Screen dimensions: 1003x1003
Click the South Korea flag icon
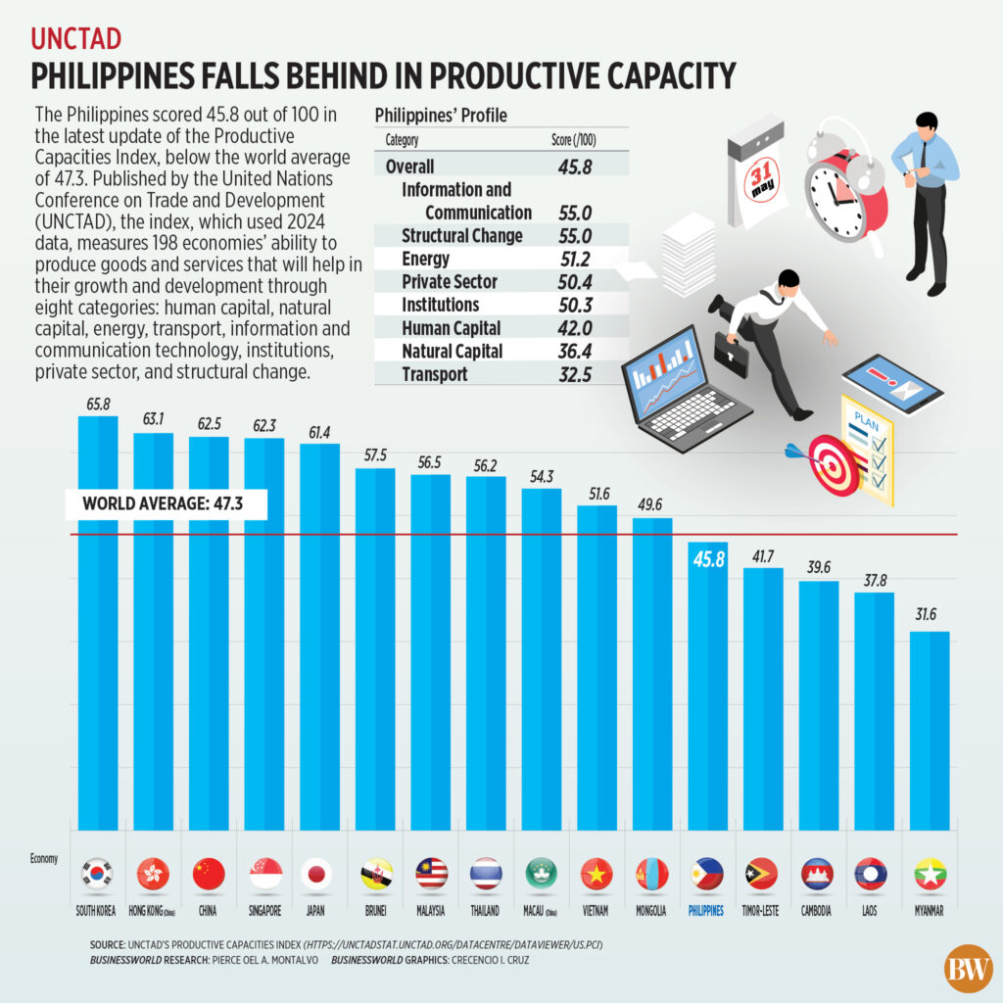98,873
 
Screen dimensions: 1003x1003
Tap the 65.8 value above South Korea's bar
97,403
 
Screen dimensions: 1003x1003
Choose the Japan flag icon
318,873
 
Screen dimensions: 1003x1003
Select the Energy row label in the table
426,259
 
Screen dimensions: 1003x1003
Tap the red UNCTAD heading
76,38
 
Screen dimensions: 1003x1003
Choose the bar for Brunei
374,646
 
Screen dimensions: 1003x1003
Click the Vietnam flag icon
595,873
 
